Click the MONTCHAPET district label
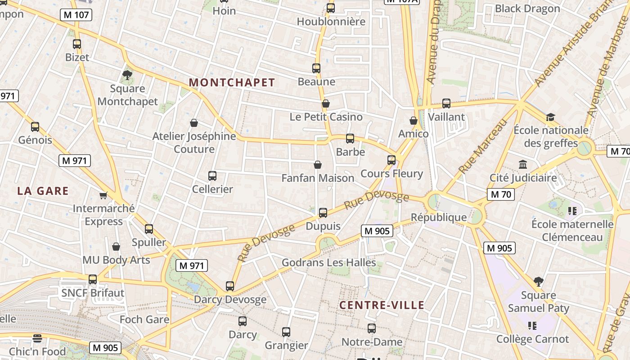coord(232,82)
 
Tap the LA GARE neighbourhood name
coord(43,191)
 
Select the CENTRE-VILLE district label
coord(382,305)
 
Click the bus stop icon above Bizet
coord(77,44)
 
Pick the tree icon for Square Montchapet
coord(127,75)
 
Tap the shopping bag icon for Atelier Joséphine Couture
coord(194,122)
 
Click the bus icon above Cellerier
coord(212,176)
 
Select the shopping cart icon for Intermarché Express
coord(103,195)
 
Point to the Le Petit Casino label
coord(326,117)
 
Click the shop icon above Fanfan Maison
coord(318,165)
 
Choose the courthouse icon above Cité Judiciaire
coord(523,165)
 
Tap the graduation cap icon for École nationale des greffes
coord(550,117)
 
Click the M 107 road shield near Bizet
coord(76,15)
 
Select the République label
coord(439,217)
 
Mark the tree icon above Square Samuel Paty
coord(538,282)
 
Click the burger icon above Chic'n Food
coord(37,338)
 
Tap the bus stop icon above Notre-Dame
coord(372,328)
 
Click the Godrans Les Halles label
coord(328,262)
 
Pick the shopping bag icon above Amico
coord(414,121)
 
